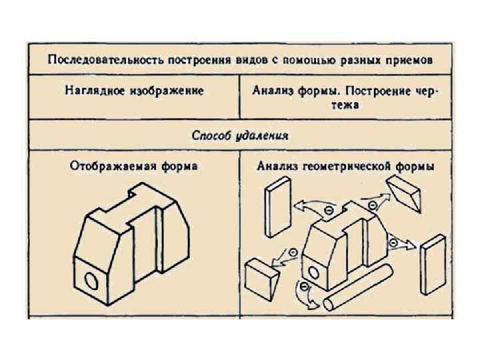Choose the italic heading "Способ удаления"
pos(240,136)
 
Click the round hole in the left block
pos(92,281)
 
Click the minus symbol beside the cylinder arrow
pos(305,287)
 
